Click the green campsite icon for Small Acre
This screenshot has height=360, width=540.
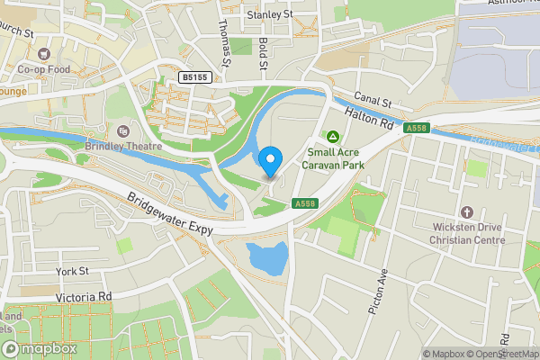[x=333, y=137]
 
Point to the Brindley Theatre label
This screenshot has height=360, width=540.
[x=123, y=146]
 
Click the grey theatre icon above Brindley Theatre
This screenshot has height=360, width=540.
[x=123, y=130]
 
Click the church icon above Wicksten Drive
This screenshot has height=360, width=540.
[x=466, y=212]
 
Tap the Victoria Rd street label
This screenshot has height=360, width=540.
[x=83, y=296]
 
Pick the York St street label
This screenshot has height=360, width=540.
[x=71, y=271]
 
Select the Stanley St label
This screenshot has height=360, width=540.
[x=270, y=14]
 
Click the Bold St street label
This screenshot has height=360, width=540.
[x=263, y=51]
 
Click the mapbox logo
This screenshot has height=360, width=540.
[x=39, y=349]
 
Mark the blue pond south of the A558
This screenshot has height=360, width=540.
[x=267, y=259]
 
